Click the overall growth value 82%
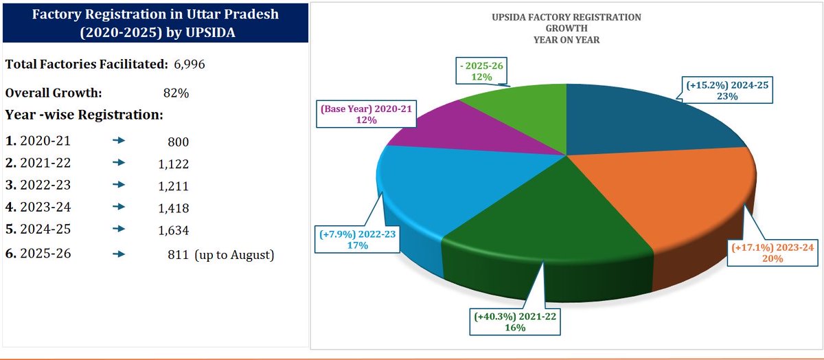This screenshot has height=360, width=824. (176, 93)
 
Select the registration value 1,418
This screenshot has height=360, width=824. (174, 207)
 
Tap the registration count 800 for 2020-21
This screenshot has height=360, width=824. (177, 142)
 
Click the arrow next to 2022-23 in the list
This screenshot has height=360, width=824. (119, 185)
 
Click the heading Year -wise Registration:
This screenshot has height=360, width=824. (84, 114)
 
